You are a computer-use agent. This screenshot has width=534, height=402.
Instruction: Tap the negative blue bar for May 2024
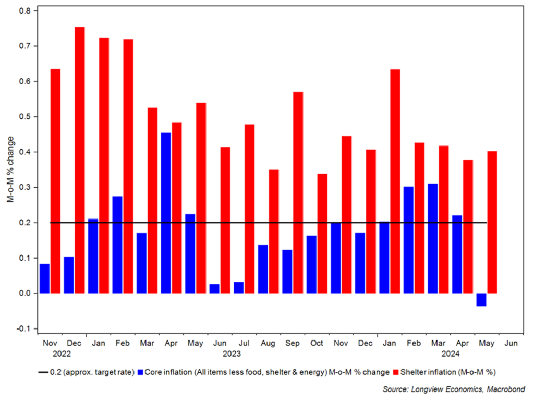pyautogui.click(x=481, y=299)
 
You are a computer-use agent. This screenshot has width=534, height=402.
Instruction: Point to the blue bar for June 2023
pyautogui.click(x=214, y=288)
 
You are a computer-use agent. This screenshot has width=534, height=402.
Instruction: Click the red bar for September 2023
pyautogui.click(x=298, y=192)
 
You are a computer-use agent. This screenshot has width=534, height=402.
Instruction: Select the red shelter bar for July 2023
pyautogui.click(x=249, y=209)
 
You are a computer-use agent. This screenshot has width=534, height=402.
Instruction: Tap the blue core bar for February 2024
pyautogui.click(x=408, y=240)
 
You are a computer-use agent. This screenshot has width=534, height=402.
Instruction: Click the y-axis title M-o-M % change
pyautogui.click(x=10, y=170)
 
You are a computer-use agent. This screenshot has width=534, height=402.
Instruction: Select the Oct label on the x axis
pyautogui.click(x=316, y=344)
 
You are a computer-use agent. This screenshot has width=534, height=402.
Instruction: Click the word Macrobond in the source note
pyautogui.click(x=506, y=389)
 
